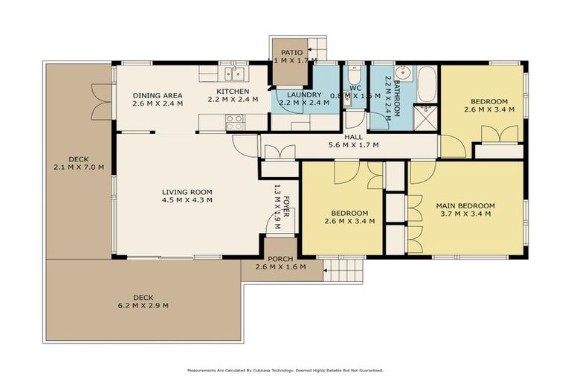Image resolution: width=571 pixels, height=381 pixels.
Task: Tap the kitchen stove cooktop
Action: tap(235, 121)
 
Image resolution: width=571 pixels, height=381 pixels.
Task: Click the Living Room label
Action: tap(187, 192)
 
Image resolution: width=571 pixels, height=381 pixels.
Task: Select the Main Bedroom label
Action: tap(465, 205)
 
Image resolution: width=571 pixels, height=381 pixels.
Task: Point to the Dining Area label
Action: tap(158, 95)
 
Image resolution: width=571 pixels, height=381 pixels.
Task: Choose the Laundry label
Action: tap(301, 95)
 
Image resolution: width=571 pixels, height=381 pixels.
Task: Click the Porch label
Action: tap(280, 259)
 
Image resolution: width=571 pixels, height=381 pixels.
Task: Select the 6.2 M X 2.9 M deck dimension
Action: tap(143, 306)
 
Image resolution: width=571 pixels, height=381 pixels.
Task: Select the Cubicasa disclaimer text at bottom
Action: tap(285, 369)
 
